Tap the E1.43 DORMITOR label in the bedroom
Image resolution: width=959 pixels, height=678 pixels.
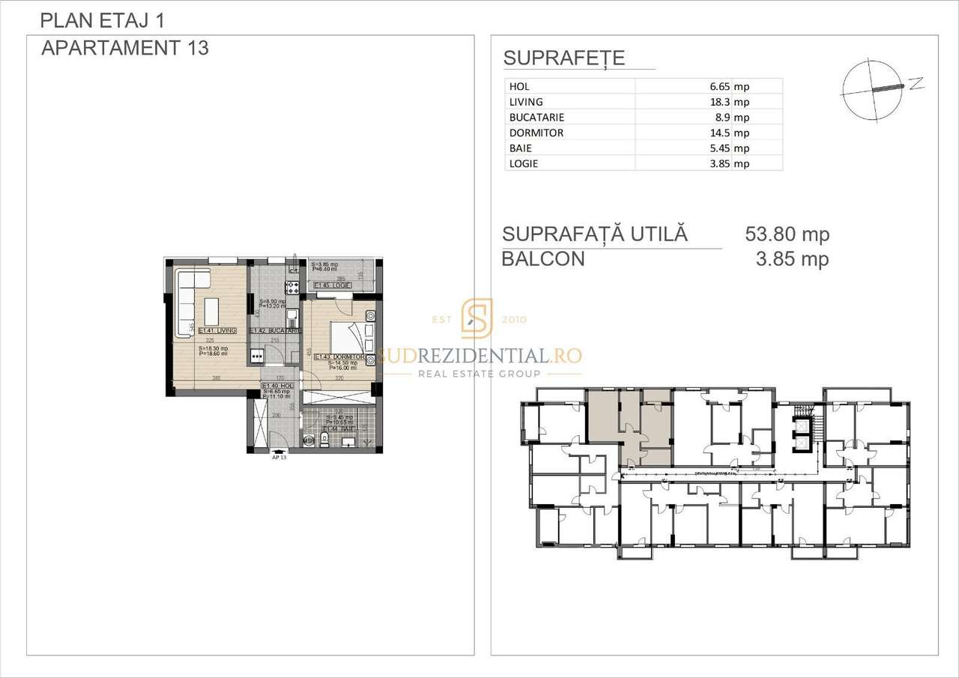click(339, 357)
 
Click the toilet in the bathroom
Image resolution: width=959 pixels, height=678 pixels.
click(323, 439)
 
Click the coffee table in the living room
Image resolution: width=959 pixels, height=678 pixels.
click(211, 311)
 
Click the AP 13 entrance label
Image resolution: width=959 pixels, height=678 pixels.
click(279, 457)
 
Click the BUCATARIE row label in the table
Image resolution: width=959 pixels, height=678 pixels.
click(536, 118)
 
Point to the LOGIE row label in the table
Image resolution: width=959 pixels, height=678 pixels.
click(524, 164)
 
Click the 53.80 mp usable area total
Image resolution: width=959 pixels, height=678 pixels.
click(787, 234)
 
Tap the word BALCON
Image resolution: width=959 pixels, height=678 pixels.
click(543, 259)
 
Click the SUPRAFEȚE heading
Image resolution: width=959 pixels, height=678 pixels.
click(564, 58)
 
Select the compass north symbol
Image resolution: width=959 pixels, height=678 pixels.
click(873, 91)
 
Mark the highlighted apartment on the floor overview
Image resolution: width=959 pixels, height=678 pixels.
click(629, 427)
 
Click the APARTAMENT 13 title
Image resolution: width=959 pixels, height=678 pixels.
click(125, 48)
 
